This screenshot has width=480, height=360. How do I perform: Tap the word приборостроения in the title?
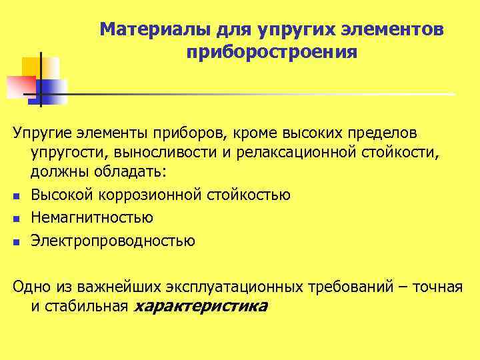click(x=272, y=52)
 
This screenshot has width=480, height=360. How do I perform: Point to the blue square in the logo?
click(x=52, y=91)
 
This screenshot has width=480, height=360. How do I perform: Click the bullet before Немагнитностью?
click(x=15, y=219)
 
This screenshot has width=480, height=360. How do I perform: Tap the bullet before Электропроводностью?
click(x=15, y=242)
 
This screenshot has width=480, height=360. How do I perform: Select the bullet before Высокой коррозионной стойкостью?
click(x=15, y=196)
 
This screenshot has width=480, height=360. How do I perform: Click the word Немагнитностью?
click(x=92, y=217)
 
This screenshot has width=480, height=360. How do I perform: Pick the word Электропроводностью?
click(x=113, y=241)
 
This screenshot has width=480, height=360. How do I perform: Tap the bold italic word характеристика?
click(x=201, y=306)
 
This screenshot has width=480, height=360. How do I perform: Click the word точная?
click(x=437, y=286)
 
